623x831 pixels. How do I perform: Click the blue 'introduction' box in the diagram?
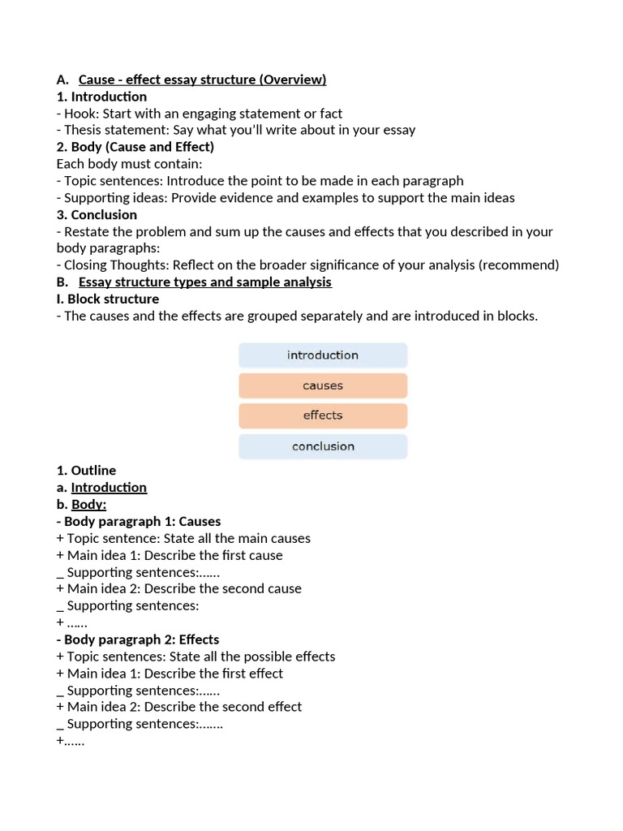[322, 355]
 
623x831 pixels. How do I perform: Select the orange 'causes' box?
[322, 385]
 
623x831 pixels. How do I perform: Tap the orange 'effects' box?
[322, 415]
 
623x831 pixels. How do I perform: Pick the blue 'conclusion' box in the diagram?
[322, 446]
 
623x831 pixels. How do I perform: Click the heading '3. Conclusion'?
[97, 215]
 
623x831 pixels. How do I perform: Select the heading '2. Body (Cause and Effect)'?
[135, 147]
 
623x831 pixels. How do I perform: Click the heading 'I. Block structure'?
[107, 299]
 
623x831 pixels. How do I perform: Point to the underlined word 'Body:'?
[88, 505]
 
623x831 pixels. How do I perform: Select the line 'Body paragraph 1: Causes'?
[142, 522]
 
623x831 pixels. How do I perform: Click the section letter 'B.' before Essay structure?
[62, 282]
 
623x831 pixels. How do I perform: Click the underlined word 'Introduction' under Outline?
[109, 488]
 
